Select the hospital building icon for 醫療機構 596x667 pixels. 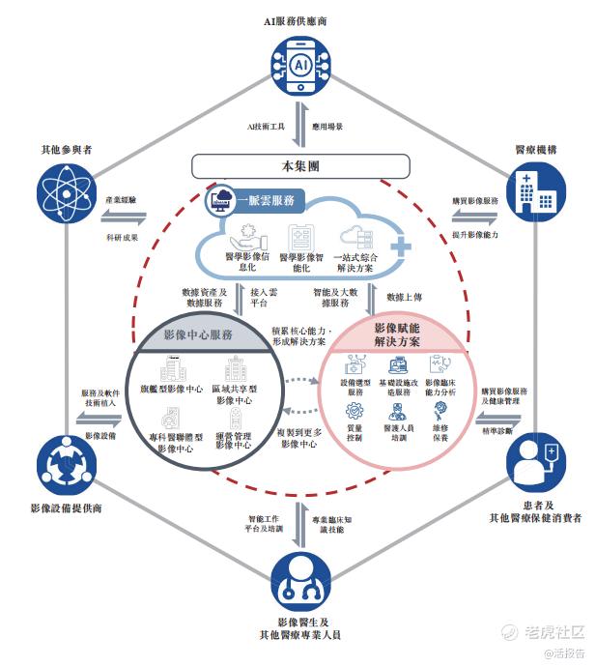pyautogui.click(x=535, y=190)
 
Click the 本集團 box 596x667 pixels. pyautogui.click(x=299, y=165)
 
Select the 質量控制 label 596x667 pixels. pyautogui.click(x=355, y=431)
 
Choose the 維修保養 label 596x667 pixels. pyautogui.click(x=440, y=431)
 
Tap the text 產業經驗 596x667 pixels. pyautogui.click(x=121, y=199)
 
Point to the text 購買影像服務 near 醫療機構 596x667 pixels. pyautogui.click(x=475, y=201)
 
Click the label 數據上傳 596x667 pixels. pyautogui.click(x=407, y=298)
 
